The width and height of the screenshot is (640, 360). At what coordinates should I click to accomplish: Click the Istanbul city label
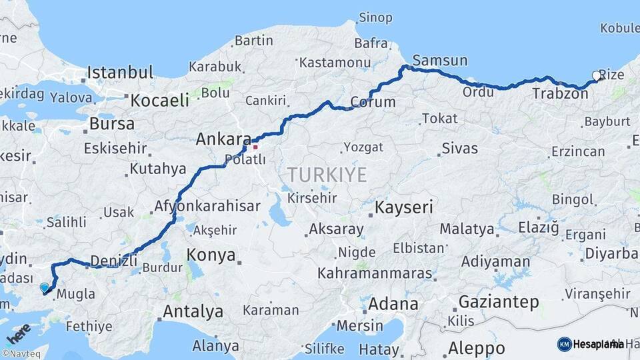click(x=120, y=72)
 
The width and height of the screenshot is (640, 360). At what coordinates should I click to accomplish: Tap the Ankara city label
click(x=223, y=140)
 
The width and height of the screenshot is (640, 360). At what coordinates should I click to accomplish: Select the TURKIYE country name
click(x=327, y=175)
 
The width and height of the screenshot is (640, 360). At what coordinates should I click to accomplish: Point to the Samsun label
click(x=440, y=60)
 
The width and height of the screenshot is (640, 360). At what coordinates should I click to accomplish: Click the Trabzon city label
click(x=560, y=94)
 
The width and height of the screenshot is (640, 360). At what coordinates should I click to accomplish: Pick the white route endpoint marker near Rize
click(x=596, y=76)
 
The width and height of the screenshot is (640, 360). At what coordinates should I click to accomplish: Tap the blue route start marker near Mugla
click(x=45, y=287)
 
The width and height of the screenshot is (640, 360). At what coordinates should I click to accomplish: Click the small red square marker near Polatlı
click(x=255, y=147)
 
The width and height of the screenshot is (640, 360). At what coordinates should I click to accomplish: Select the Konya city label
click(x=211, y=255)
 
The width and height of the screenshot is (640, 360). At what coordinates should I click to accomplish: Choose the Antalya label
click(x=193, y=311)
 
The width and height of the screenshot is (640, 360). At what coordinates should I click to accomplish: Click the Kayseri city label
click(x=403, y=207)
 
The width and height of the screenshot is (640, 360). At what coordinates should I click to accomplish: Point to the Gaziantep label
click(x=499, y=302)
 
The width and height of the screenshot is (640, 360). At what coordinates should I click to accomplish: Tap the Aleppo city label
click(x=476, y=348)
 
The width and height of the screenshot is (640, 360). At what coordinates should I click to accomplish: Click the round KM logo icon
click(x=564, y=344)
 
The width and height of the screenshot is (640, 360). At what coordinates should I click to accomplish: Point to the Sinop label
click(x=375, y=17)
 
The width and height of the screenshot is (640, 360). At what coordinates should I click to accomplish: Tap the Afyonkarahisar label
click(x=207, y=206)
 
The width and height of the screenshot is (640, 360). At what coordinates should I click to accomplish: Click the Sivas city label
click(x=459, y=148)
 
